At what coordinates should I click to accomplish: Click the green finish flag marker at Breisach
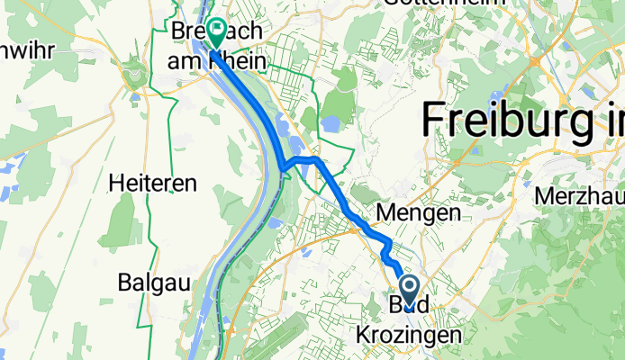point(217,33)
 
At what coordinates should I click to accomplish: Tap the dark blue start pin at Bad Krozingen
point(408,291)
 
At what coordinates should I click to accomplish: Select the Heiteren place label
point(152,183)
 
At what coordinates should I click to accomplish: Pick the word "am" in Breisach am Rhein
point(187,60)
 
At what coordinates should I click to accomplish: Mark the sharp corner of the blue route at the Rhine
point(282,166)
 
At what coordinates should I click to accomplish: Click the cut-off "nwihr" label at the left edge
point(27,49)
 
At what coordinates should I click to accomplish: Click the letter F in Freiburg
point(434,120)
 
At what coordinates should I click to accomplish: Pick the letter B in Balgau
point(124,281)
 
